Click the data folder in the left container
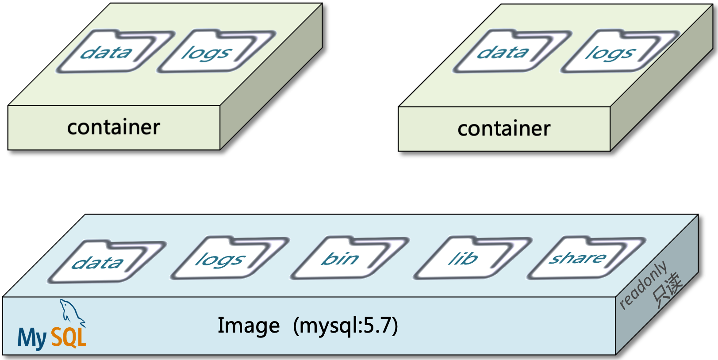(x=113, y=52)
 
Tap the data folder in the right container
(x=510, y=52)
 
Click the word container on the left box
(x=113, y=127)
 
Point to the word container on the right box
(x=504, y=129)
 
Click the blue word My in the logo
(x=32, y=338)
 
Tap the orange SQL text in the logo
(x=69, y=337)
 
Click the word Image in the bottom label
(x=248, y=326)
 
